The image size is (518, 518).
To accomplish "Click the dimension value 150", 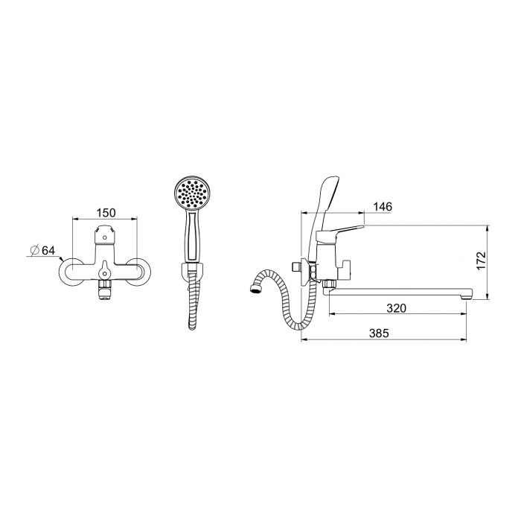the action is point(106,213).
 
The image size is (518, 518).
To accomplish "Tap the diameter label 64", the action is point(48,250).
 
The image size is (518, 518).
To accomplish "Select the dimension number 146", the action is point(383,206).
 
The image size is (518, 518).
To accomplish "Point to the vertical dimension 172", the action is point(482,260).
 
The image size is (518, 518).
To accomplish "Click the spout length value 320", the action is point(396,308).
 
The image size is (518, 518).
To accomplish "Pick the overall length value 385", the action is point(379,333).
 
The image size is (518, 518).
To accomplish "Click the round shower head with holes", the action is point(192,194).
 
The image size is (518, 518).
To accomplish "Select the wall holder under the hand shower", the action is point(192,270).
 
